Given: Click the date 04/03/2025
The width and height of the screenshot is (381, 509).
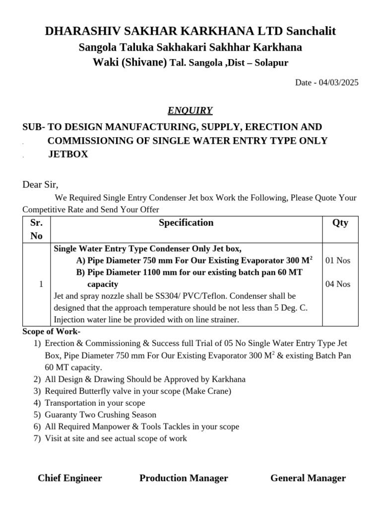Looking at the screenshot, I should (338, 83).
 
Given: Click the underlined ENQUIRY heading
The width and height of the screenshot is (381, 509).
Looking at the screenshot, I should (190, 110).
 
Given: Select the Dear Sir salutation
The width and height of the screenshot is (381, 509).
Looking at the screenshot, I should (40, 185).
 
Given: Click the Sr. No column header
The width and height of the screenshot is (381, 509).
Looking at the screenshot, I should (37, 229).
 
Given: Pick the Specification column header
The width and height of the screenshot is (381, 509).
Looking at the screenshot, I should (186, 223).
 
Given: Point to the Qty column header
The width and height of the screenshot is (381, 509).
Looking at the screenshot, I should (340, 223).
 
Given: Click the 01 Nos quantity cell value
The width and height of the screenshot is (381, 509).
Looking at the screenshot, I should (338, 260).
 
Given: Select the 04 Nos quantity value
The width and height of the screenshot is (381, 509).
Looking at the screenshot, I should (338, 284).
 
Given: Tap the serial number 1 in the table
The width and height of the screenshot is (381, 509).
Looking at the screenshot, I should (41, 284).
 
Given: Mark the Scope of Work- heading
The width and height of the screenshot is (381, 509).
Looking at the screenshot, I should (52, 332).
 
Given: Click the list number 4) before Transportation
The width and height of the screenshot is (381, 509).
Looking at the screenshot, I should (37, 403).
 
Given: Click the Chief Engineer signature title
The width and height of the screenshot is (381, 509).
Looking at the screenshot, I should (70, 478).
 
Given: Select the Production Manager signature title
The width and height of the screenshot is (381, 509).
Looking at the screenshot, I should (184, 478).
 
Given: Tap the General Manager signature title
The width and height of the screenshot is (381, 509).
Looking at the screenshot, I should (308, 478).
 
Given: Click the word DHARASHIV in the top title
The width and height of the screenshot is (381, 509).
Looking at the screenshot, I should (81, 31).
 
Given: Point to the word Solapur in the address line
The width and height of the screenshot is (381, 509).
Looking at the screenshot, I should (271, 63).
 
